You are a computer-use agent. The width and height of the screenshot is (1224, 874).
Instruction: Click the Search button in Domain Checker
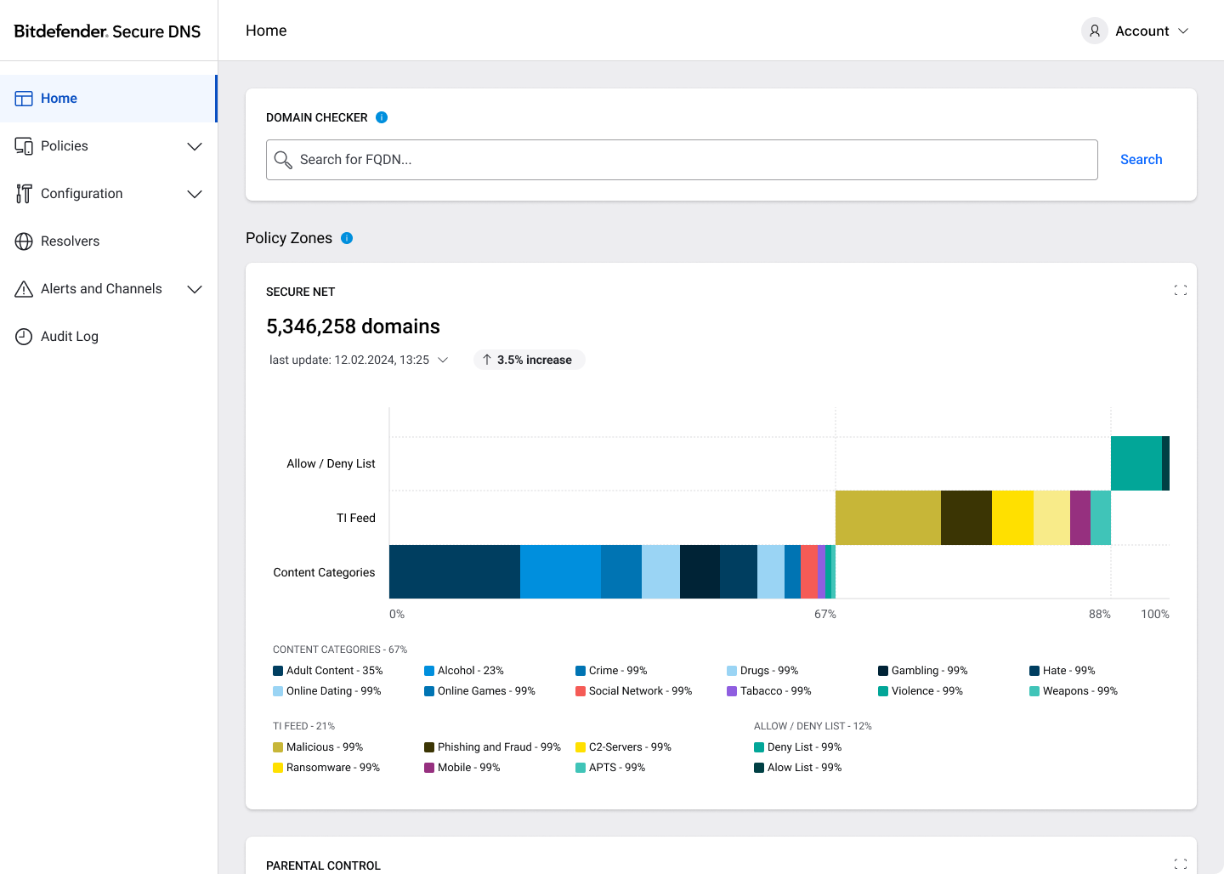click(1141, 160)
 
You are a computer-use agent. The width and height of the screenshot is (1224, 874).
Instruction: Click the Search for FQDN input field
click(682, 160)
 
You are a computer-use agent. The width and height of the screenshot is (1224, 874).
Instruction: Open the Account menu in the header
click(1135, 31)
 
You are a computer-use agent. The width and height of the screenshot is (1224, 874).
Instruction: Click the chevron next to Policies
click(195, 146)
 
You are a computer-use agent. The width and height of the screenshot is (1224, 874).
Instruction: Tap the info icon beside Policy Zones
click(347, 238)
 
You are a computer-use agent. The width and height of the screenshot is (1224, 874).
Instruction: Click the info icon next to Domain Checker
click(382, 117)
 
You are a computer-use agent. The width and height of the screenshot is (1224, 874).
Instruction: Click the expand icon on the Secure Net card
click(1181, 290)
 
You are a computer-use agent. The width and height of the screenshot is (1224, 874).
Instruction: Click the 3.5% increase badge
click(529, 360)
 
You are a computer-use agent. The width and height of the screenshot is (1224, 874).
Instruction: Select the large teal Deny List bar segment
click(1136, 463)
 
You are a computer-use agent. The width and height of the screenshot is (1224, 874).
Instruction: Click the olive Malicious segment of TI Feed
click(888, 518)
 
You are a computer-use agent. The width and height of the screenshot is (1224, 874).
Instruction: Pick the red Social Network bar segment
click(808, 571)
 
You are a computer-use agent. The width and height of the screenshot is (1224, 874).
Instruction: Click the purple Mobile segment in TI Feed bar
click(1079, 518)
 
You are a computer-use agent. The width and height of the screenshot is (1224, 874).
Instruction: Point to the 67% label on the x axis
click(825, 615)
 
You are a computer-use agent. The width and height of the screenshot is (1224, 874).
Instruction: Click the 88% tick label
click(1099, 615)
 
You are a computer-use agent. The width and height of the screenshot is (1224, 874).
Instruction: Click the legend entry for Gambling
click(922, 671)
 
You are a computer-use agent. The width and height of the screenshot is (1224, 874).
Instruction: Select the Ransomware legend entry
click(326, 768)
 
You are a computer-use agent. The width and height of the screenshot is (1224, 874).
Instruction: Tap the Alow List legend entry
click(798, 768)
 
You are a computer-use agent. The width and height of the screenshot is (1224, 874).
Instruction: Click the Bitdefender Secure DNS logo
click(107, 31)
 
